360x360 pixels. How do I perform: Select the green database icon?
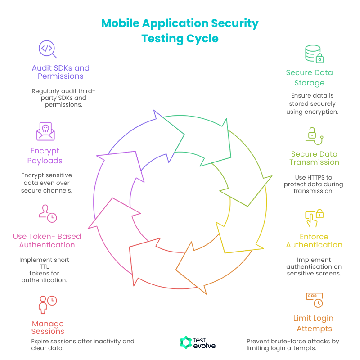click(x=314, y=54)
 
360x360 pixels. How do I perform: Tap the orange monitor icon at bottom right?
click(x=315, y=299)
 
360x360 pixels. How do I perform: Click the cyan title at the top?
click(x=180, y=30)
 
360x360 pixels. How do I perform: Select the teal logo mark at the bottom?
click(x=184, y=344)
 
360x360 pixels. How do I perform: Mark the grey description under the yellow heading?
click(x=314, y=269)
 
